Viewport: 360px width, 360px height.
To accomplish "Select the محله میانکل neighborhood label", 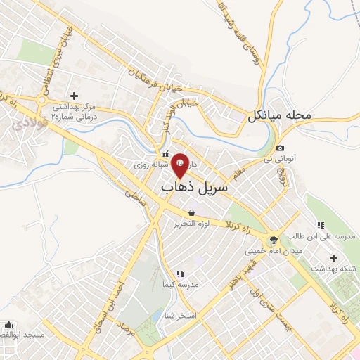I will (278, 115).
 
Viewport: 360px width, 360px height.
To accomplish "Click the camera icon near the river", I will (281, 148).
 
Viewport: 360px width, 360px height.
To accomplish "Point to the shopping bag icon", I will (191, 213).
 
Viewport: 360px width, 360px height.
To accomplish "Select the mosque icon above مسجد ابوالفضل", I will (8, 326).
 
